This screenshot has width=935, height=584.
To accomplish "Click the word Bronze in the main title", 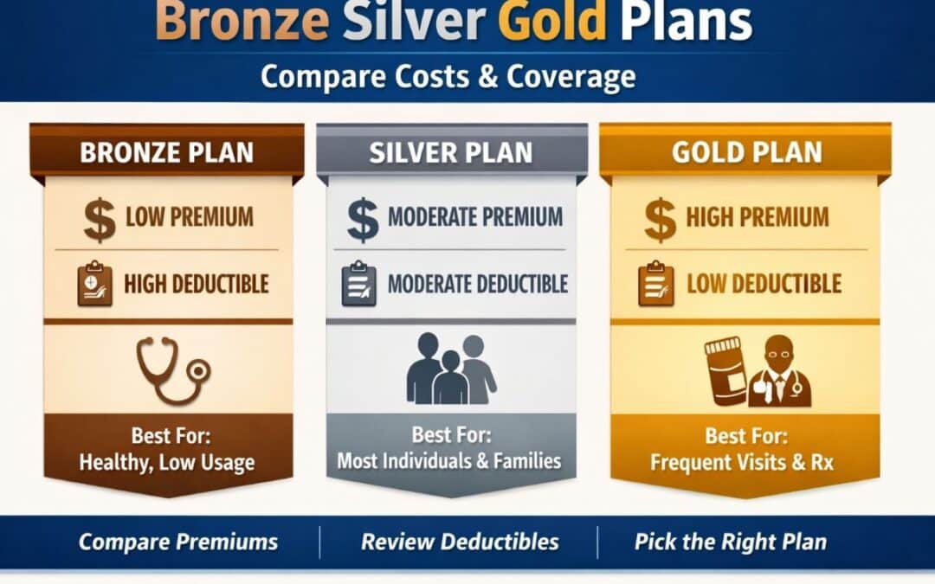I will tap(242, 22).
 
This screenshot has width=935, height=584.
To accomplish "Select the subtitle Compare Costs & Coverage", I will tap(448, 76).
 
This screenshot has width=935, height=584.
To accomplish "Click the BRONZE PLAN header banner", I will tap(167, 152).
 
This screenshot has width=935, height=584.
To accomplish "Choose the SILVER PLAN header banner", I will tap(451, 152).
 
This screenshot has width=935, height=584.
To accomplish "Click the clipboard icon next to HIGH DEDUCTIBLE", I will tap(94, 285).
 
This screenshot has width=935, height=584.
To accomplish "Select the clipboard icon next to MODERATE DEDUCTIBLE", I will tap(358, 285).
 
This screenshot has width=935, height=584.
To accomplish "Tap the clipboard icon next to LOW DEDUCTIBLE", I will tap(655, 285).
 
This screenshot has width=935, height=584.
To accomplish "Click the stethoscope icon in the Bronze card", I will tap(174, 369).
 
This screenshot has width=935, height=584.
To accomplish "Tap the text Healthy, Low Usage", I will tap(167, 463).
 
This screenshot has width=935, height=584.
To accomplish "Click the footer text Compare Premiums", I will tap(178, 542).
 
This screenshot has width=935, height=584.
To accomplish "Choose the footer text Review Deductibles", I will tap(460, 542).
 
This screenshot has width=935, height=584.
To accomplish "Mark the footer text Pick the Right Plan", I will tap(730, 542).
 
